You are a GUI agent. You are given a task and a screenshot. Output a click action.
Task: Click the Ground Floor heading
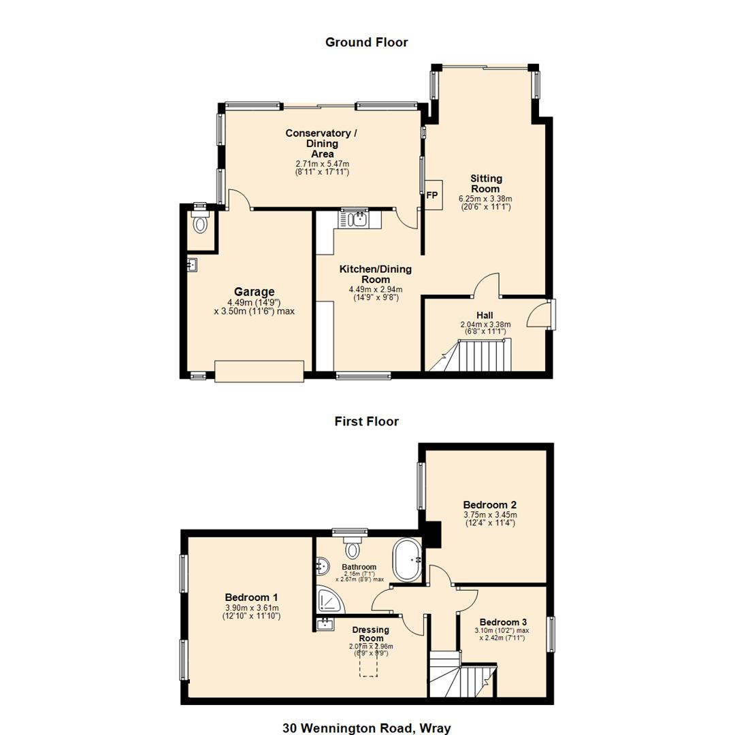tap(366, 42)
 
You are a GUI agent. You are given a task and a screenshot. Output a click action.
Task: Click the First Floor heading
tap(366, 421)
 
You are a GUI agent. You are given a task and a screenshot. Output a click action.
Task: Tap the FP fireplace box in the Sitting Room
tap(432, 195)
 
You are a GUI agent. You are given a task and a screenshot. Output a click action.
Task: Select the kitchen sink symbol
tap(356, 219)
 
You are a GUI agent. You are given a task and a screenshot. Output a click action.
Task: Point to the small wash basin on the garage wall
tap(191, 265)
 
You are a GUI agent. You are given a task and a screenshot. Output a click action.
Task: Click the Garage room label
tap(254, 292)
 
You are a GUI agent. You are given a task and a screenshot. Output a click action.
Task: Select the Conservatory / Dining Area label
tap(322, 143)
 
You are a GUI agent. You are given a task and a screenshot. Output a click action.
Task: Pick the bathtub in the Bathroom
tap(408, 560)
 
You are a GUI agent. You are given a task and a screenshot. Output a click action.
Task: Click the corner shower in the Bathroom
tap(329, 601)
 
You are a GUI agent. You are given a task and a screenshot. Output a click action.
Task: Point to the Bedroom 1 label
tap(252, 598)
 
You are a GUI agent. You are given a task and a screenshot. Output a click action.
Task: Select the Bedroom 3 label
tap(503, 622)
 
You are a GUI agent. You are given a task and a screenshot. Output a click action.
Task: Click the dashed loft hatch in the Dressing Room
tap(368, 663)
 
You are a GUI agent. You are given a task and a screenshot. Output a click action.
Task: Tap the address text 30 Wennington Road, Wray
tap(366, 728)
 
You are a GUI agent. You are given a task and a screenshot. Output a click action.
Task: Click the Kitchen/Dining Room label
tap(375, 274)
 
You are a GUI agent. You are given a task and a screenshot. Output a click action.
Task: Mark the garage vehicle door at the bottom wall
tap(259, 371)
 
